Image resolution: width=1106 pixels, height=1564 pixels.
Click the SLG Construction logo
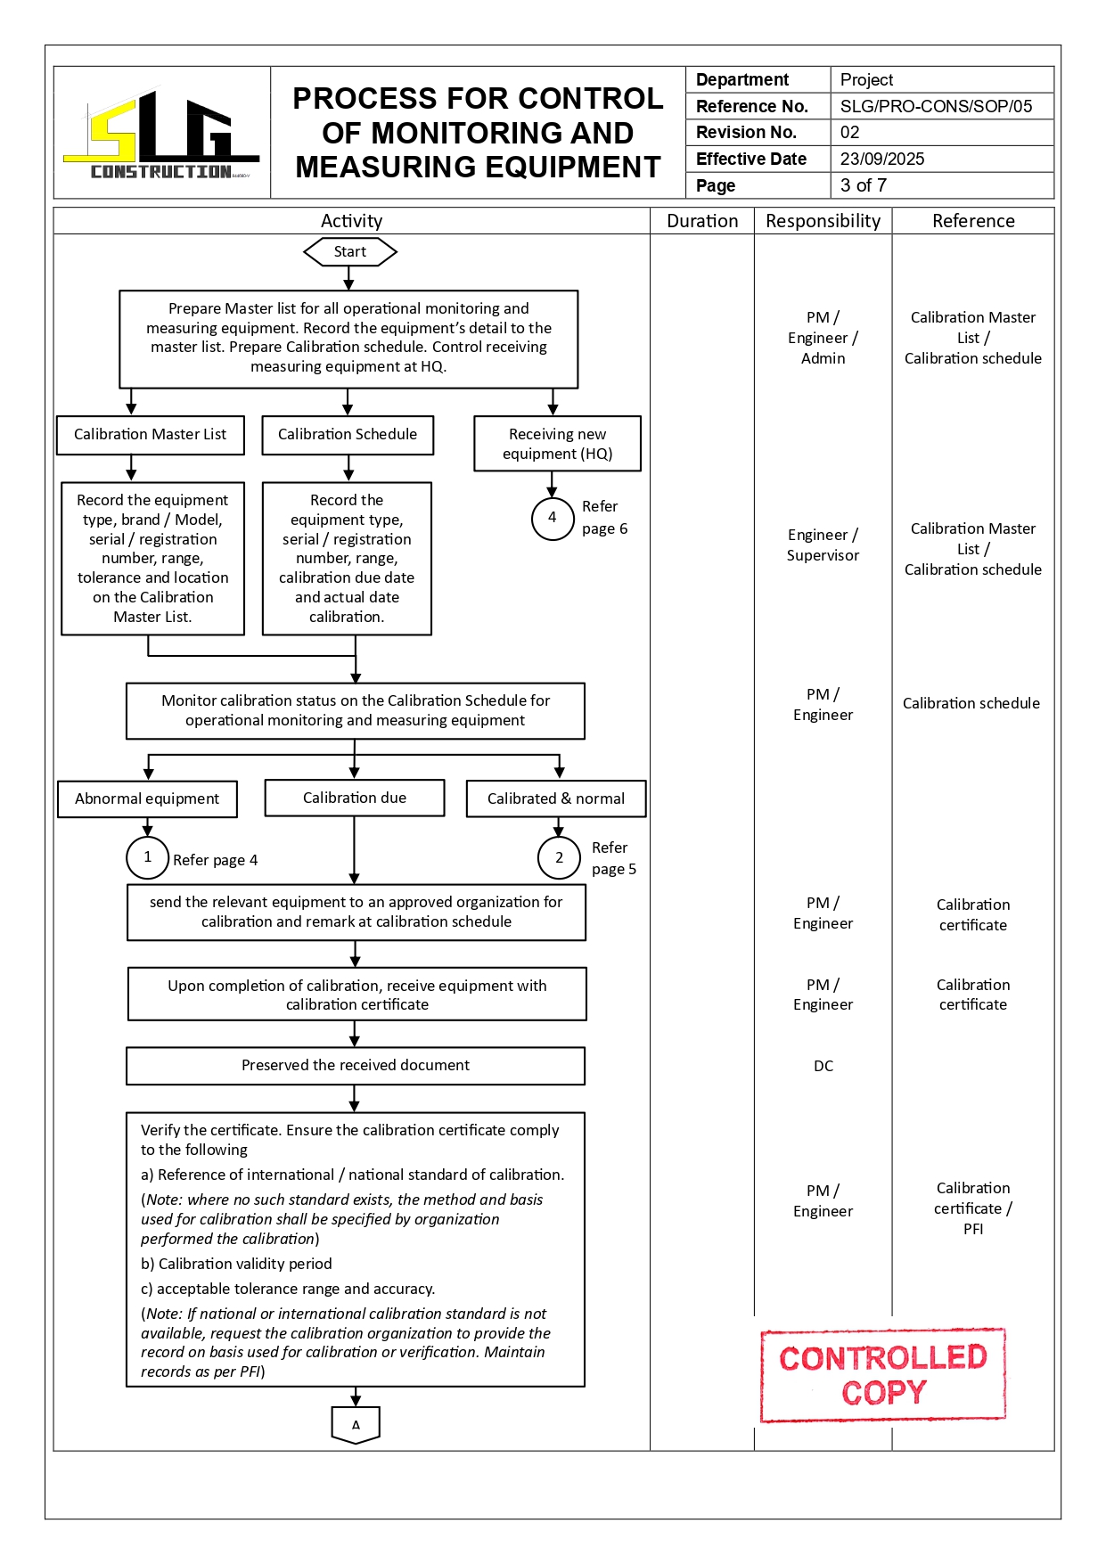click(x=161, y=135)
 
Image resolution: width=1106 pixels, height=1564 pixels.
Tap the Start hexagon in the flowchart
click(x=350, y=252)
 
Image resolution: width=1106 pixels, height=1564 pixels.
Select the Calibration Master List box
click(x=151, y=435)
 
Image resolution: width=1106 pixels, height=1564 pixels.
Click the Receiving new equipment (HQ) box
click(x=557, y=444)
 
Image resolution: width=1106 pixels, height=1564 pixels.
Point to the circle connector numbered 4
click(x=553, y=519)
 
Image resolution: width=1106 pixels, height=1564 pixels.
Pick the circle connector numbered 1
click(x=148, y=857)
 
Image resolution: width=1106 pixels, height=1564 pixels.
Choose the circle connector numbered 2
click(x=559, y=858)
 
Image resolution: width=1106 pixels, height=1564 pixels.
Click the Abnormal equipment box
click(x=147, y=799)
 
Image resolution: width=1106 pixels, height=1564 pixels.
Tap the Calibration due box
click(x=355, y=798)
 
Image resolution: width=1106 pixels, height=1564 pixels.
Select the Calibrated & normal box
click(x=556, y=799)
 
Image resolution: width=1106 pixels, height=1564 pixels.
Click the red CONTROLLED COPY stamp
click(x=883, y=1375)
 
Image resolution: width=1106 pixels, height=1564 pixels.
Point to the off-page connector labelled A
click(x=356, y=1424)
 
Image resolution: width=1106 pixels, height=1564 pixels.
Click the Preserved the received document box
click(x=356, y=1066)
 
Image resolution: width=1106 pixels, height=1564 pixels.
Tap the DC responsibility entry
click(x=823, y=1067)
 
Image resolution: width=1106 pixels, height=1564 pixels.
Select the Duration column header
click(x=702, y=221)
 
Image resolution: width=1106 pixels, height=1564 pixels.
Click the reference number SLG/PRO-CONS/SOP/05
click(x=936, y=107)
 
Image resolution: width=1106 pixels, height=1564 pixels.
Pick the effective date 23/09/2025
click(x=882, y=160)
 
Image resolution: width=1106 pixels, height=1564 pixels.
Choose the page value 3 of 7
click(x=863, y=185)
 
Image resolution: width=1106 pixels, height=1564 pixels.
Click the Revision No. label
click(x=746, y=133)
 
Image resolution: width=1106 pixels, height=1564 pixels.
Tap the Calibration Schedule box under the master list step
click(x=348, y=435)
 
